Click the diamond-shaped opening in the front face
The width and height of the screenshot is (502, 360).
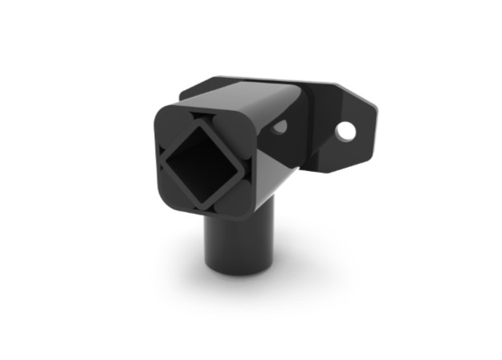201,164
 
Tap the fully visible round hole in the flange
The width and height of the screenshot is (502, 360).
345,130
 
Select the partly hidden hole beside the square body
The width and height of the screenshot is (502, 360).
280,127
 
